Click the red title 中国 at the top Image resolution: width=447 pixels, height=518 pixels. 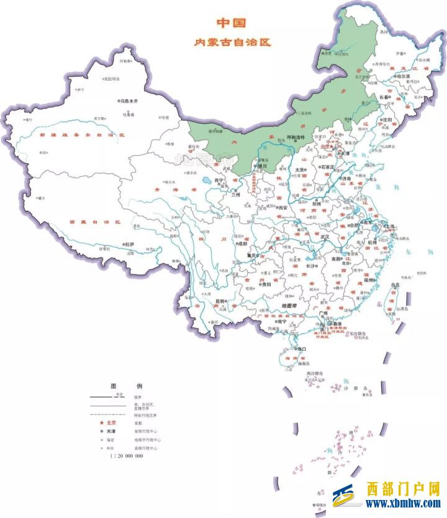coord(231,23)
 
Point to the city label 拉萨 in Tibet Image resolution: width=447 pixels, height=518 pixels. coord(128,244)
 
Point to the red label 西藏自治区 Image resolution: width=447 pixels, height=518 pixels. coord(94,221)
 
